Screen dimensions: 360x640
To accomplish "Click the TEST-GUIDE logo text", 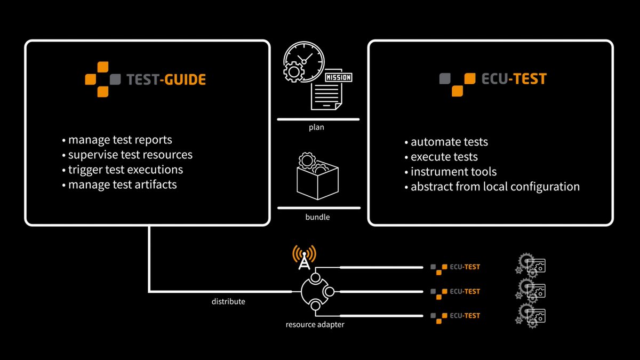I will tap(166, 80).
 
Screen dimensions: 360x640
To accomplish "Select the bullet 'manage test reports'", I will tap(120, 140).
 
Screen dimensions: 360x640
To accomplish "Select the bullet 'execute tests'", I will tap(444, 157).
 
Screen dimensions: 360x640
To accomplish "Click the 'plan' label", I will tap(317, 128).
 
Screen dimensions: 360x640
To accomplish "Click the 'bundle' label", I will tap(318, 217).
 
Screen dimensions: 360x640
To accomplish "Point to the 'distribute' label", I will tap(228, 302).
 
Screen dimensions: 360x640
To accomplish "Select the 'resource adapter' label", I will tap(315, 324).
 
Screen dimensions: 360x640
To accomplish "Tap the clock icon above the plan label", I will tap(302, 62).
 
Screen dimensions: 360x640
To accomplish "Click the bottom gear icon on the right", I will tap(531, 316).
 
